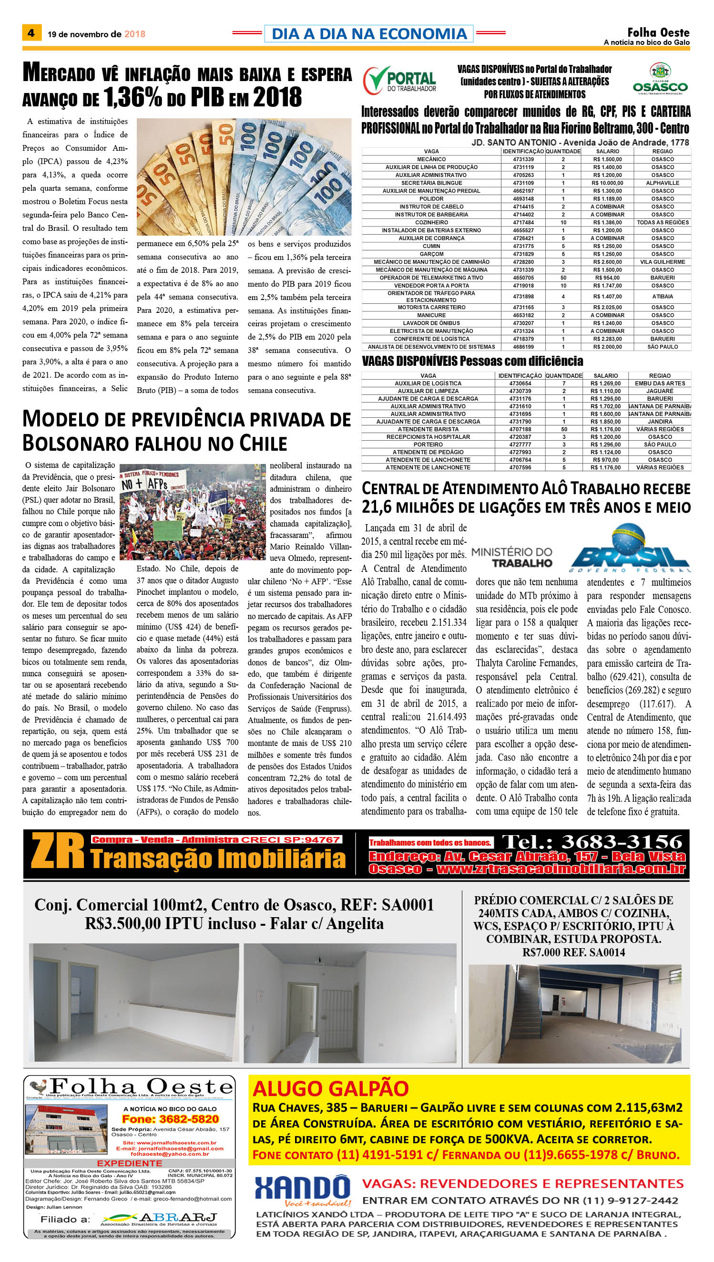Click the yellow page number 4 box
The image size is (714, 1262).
coord(31,33)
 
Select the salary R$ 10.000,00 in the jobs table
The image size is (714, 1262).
coord(607,183)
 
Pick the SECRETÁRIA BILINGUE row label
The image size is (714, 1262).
coord(431,183)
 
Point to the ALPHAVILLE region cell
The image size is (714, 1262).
coord(662,183)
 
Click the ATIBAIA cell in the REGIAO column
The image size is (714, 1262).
coord(662,296)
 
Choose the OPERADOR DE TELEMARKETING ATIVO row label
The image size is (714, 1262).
coord(431,278)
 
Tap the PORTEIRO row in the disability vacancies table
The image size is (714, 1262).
coord(428,445)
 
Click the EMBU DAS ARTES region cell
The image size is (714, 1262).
coord(660,383)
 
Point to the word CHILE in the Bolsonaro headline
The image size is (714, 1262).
coord(263,444)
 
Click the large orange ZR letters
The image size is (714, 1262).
coord(57,851)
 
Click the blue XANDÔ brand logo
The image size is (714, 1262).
coord(302,1189)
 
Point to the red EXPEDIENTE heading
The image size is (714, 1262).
coord(130,1163)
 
